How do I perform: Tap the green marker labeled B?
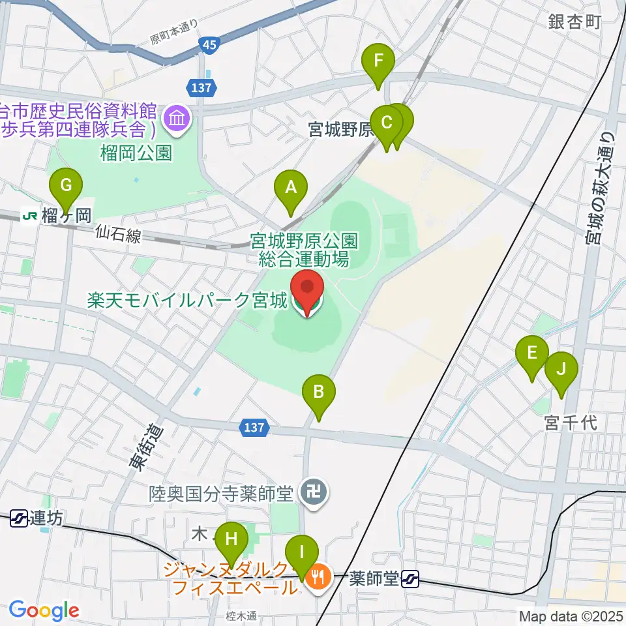(319, 392)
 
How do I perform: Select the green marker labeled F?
(378, 62)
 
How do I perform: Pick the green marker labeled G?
(66, 185)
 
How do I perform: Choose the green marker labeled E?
(532, 353)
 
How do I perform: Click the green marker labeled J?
(561, 368)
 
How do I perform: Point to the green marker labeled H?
(231, 539)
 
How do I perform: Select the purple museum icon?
(177, 119)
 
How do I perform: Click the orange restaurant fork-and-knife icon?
(318, 576)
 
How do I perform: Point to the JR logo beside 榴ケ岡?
(29, 215)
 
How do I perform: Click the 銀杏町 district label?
(574, 22)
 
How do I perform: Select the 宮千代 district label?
(569, 423)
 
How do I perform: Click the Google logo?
(44, 610)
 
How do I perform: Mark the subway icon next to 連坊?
(19, 518)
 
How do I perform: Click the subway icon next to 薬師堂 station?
(410, 577)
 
